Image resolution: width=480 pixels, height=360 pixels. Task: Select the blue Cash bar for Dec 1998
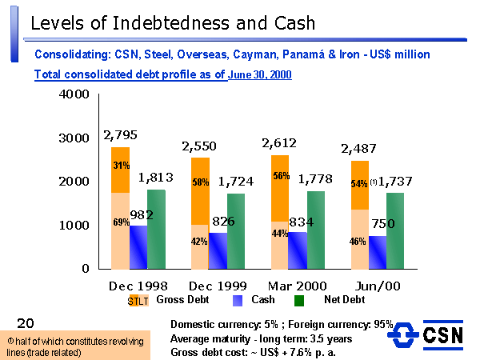(x=138, y=248)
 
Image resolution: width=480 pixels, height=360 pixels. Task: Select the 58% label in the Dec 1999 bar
(x=201, y=182)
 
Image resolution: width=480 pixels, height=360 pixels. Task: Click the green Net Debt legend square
(x=300, y=301)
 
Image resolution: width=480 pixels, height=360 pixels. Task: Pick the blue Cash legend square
(x=237, y=301)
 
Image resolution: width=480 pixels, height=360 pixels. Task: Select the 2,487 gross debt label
(x=360, y=149)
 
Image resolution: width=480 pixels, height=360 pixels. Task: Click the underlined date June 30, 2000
(x=259, y=74)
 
